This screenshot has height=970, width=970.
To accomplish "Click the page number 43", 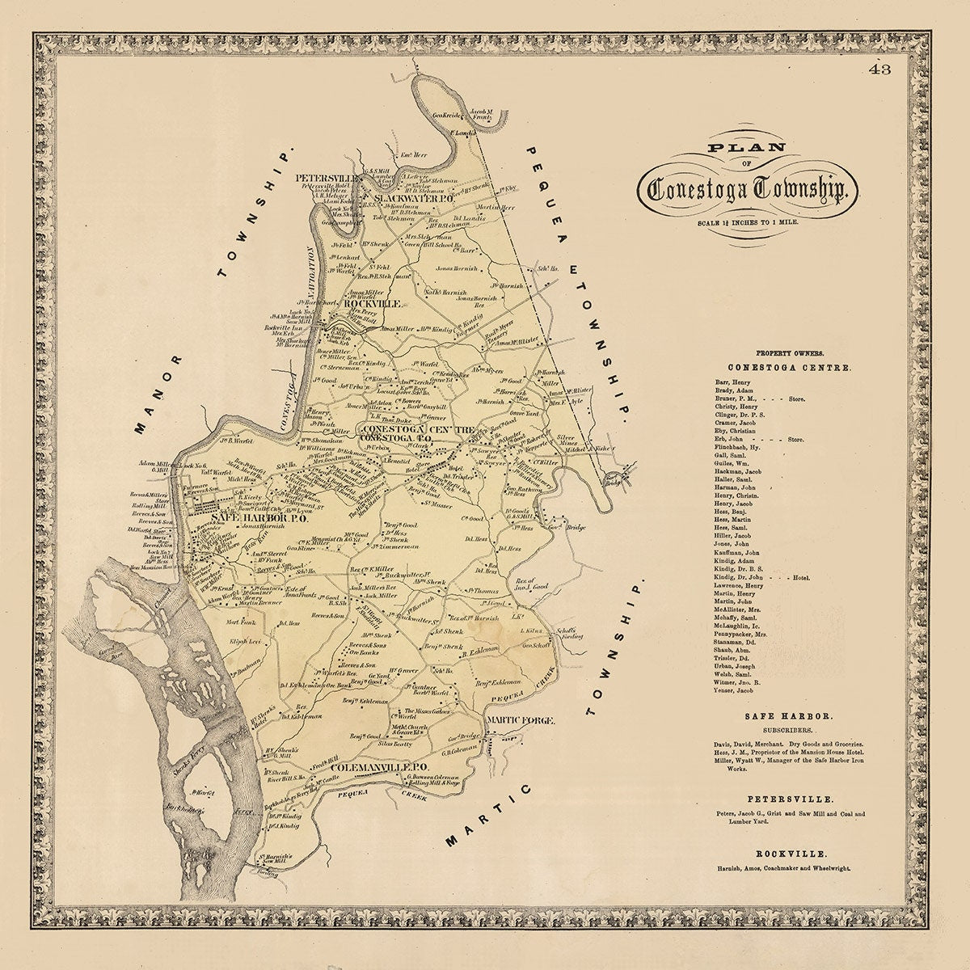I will coord(879,70).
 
